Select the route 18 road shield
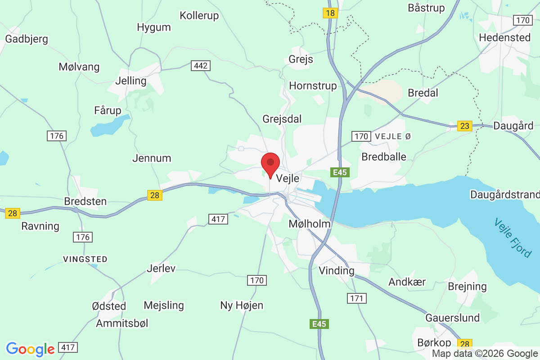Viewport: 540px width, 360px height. pos(330,13)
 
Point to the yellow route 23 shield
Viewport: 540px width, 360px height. pos(464,126)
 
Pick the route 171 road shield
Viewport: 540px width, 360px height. pos(357,298)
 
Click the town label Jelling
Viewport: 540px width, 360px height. pos(131,81)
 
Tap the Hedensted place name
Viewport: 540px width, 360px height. pos(505,37)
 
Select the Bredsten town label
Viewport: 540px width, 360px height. pos(85,201)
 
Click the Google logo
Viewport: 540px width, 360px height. pos(30,349)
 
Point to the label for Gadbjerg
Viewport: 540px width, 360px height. pos(27,39)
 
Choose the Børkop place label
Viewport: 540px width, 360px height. pos(433,342)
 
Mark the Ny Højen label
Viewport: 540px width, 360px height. pos(242,305)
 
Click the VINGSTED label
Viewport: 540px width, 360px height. pos(85,259)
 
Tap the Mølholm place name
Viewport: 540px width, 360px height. pos(310,224)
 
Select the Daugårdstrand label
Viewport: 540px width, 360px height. pos(504,194)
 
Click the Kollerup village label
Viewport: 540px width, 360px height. pos(199,16)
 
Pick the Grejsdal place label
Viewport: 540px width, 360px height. pos(282,119)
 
